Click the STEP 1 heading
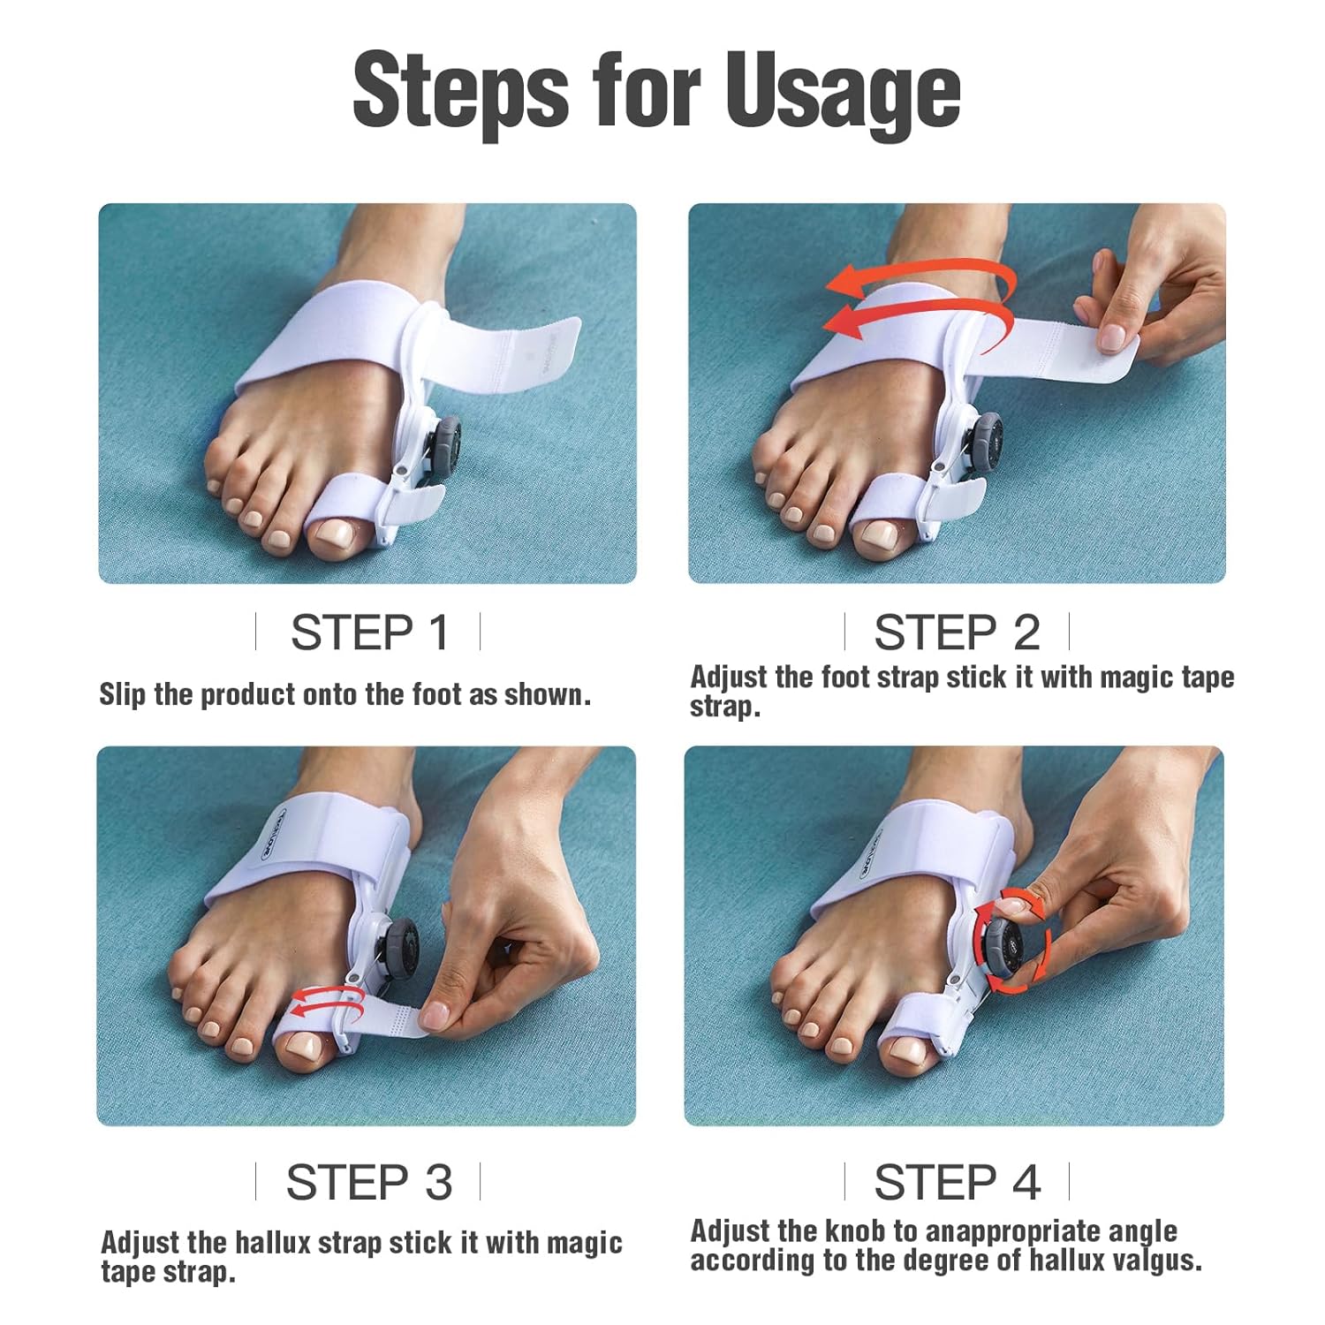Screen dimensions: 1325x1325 coord(370,632)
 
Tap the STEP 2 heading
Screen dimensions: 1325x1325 coord(958,632)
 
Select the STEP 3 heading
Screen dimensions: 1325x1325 coord(369,1182)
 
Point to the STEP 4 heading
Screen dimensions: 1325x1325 coord(958,1182)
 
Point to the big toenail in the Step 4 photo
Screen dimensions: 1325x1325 coord(911,1049)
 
